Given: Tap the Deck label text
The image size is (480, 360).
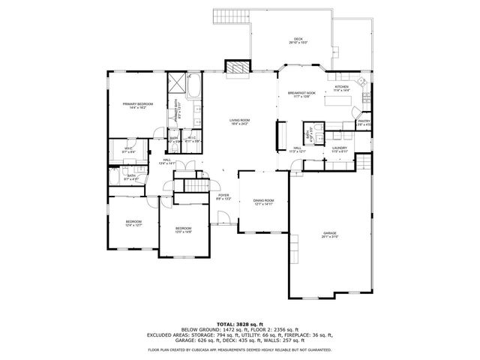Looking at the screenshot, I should (298, 40).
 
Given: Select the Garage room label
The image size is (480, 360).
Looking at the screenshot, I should (329, 234).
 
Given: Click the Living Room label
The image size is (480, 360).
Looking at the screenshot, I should (239, 121).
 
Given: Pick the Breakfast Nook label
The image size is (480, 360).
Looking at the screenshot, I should (301, 94).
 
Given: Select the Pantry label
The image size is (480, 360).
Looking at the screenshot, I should (364, 122).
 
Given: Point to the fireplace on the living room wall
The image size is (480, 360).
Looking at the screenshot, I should (237, 67).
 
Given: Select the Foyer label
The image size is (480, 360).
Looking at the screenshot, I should (223, 196).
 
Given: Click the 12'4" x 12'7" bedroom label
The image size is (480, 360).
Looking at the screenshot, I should (133, 223).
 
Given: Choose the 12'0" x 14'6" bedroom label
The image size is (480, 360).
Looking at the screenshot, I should (184, 229).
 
